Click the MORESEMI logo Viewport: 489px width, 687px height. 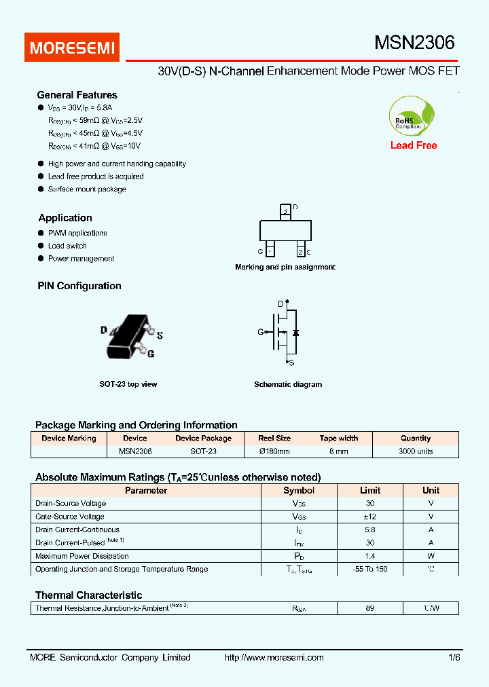tap(73, 48)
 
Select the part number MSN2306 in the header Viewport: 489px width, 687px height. tap(414, 43)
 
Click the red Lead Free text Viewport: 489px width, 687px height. tap(414, 145)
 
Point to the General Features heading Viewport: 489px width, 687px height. tap(77, 95)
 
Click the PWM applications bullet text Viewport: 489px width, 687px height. tap(77, 233)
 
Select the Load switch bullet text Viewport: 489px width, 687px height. tap(67, 246)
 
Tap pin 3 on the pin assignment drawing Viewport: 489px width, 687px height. tap(286, 211)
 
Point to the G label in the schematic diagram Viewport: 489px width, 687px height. tap(260, 332)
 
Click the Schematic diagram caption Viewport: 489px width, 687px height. tap(288, 384)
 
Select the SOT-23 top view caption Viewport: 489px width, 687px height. tap(128, 384)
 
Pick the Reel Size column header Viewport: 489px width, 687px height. tap(274, 438)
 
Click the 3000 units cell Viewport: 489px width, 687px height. tap(416, 451)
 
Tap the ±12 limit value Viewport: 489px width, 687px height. tap(369, 517)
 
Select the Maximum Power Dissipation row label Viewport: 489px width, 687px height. tap(81, 556)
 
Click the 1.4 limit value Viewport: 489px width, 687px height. tap(369, 556)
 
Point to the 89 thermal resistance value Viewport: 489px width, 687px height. tap(369, 608)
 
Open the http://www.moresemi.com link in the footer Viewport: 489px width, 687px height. tap(274, 657)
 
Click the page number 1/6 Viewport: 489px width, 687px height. tap(454, 657)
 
